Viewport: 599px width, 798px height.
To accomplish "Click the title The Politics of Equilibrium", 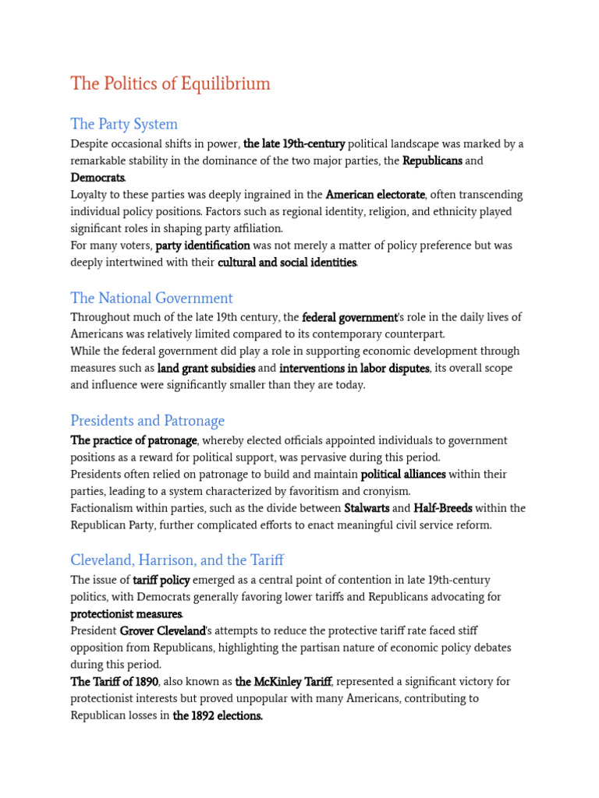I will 170,83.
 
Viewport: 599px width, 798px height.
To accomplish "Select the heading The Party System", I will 124,124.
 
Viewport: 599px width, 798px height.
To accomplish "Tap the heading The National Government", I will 151,298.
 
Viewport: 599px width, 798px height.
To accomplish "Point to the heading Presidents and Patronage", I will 147,421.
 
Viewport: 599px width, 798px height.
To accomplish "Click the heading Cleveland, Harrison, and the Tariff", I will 177,560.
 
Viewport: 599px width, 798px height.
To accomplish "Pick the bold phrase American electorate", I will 375,195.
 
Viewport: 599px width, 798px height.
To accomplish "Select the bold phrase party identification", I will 203,245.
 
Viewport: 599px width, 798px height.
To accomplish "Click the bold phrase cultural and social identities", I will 287,263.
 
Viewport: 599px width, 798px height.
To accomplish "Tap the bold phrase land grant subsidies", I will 206,368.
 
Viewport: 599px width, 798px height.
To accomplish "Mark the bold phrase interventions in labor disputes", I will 354,368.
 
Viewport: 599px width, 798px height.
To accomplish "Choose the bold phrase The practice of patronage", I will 133,441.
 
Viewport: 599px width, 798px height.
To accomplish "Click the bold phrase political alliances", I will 403,475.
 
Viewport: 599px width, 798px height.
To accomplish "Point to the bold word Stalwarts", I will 367,508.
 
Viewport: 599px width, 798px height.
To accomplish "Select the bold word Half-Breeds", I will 442,508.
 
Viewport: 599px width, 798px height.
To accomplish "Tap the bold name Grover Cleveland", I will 162,630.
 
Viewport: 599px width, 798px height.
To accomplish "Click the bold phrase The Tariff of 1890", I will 115,681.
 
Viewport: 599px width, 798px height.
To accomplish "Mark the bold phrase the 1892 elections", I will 218,715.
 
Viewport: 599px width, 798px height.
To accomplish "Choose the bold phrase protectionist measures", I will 126,614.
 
